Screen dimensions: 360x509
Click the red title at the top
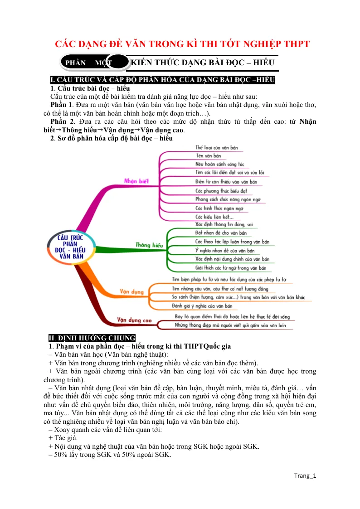(182, 44)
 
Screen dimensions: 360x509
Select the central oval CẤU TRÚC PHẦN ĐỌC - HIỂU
(71, 247)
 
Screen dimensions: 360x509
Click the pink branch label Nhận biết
(136, 181)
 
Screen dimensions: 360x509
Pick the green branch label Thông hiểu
(149, 245)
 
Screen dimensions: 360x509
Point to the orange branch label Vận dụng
(131, 291)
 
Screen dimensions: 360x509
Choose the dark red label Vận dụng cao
(134, 320)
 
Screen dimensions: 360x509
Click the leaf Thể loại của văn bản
(217, 148)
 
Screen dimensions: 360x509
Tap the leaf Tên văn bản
(208, 156)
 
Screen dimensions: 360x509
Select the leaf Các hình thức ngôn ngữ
(219, 208)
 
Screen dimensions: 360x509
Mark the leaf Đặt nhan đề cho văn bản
(221, 233)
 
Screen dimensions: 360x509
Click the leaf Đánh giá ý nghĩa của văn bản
(202, 306)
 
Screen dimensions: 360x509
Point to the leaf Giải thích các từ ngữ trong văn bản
(231, 268)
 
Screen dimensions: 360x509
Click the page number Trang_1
(305, 475)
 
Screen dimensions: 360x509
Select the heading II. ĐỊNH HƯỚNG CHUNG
(92, 338)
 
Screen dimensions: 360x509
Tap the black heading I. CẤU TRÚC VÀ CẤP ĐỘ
(163, 80)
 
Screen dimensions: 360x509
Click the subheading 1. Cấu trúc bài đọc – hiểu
(90, 88)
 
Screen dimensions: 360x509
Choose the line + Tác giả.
(63, 438)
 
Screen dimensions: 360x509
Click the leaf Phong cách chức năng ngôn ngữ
(228, 199)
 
